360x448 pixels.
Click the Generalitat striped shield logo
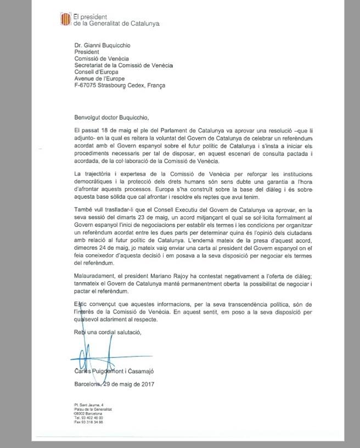[x=65, y=20]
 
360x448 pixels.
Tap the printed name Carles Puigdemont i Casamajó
[x=119, y=372]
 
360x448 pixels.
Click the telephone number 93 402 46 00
[x=94, y=418]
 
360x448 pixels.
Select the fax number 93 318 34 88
[x=94, y=422]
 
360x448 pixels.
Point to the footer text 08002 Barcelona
[x=89, y=413]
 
